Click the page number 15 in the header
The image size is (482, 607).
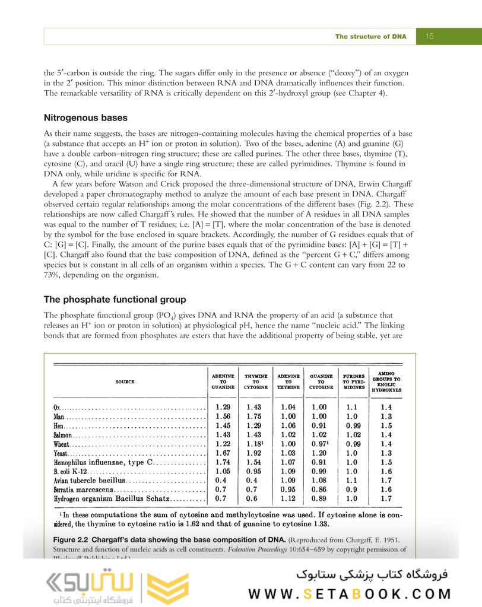click(x=430, y=37)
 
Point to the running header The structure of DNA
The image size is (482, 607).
click(x=370, y=37)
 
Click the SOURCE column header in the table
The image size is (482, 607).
click(x=125, y=382)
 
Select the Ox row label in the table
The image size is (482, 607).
click(x=57, y=408)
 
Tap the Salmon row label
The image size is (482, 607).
click(x=62, y=435)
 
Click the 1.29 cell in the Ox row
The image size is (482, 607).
click(x=224, y=408)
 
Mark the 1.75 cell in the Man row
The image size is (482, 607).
click(x=257, y=417)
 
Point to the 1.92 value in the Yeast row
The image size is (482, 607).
click(x=257, y=453)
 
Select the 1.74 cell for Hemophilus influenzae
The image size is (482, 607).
click(x=224, y=462)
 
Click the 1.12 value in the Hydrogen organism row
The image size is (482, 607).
click(x=289, y=498)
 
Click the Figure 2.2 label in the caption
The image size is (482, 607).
click(x=66, y=540)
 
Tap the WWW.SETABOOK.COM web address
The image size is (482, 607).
click(x=350, y=595)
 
